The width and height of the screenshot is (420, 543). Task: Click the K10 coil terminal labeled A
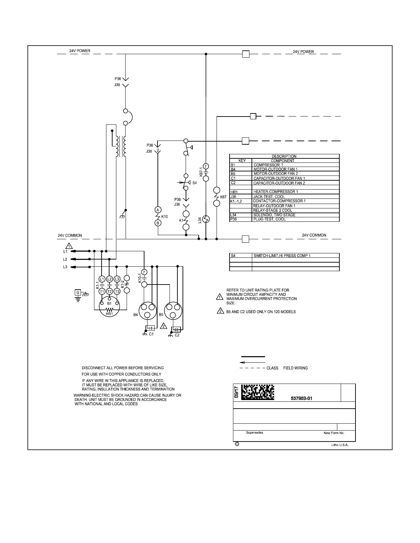[x=158, y=210]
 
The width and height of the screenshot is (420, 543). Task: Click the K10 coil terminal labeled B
[x=158, y=223]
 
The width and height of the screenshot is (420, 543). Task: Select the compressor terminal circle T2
[x=109, y=291]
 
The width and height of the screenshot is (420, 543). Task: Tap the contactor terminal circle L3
[x=117, y=279]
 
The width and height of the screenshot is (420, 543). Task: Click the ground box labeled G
[x=78, y=293]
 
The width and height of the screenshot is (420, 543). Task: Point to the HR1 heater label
[x=109, y=314]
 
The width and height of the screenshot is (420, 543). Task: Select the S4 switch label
[x=195, y=183]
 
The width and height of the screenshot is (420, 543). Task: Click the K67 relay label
[x=223, y=197]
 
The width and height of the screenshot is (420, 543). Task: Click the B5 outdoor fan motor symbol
[x=173, y=311]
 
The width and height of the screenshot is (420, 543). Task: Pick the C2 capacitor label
[x=177, y=335]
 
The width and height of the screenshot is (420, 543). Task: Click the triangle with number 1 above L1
[x=69, y=246]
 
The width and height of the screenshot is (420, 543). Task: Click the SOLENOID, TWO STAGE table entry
[x=274, y=215]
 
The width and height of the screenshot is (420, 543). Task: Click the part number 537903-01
[x=301, y=398]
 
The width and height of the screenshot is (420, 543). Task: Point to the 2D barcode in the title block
[x=258, y=393]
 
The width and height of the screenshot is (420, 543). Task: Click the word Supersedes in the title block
[x=255, y=433]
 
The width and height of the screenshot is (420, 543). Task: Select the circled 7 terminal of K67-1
[x=206, y=167]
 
